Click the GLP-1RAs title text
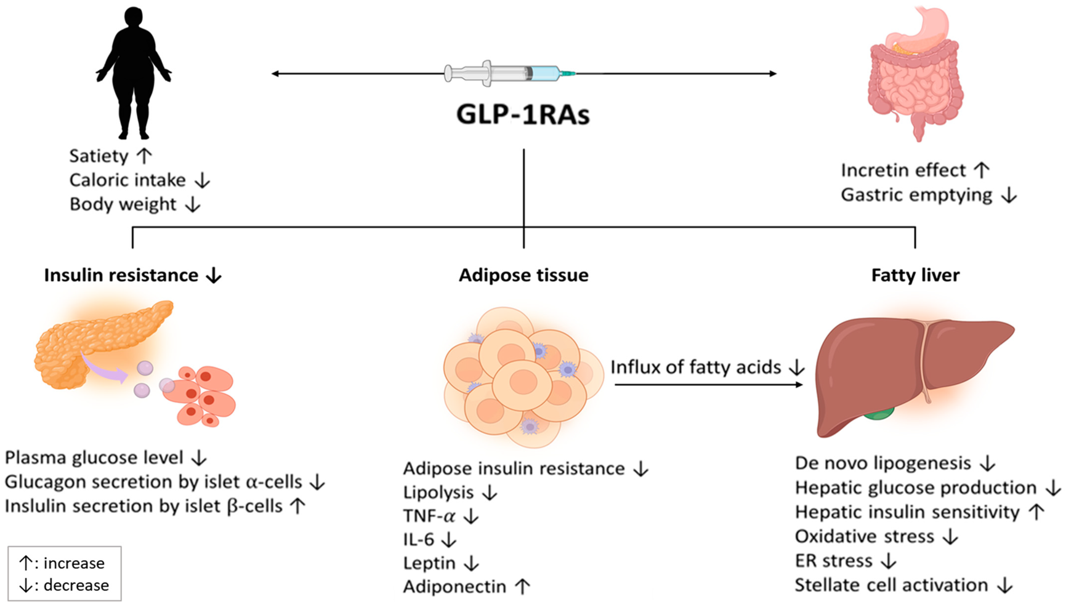pos(523,115)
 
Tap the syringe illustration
pos(509,73)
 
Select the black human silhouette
pos(133,74)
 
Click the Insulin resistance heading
pos(121,275)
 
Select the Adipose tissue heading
pos(523,275)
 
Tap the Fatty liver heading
pos(915,275)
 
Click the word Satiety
pos(99,156)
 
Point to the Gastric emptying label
pos(916,195)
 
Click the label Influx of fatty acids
pos(696,368)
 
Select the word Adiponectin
pos(454,587)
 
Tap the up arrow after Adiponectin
pos(522,587)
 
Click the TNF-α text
pos(429,516)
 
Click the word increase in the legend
pos(74,563)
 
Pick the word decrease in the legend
pos(76,585)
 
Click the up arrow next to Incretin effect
pos(982,171)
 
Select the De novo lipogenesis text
pos(882,463)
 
